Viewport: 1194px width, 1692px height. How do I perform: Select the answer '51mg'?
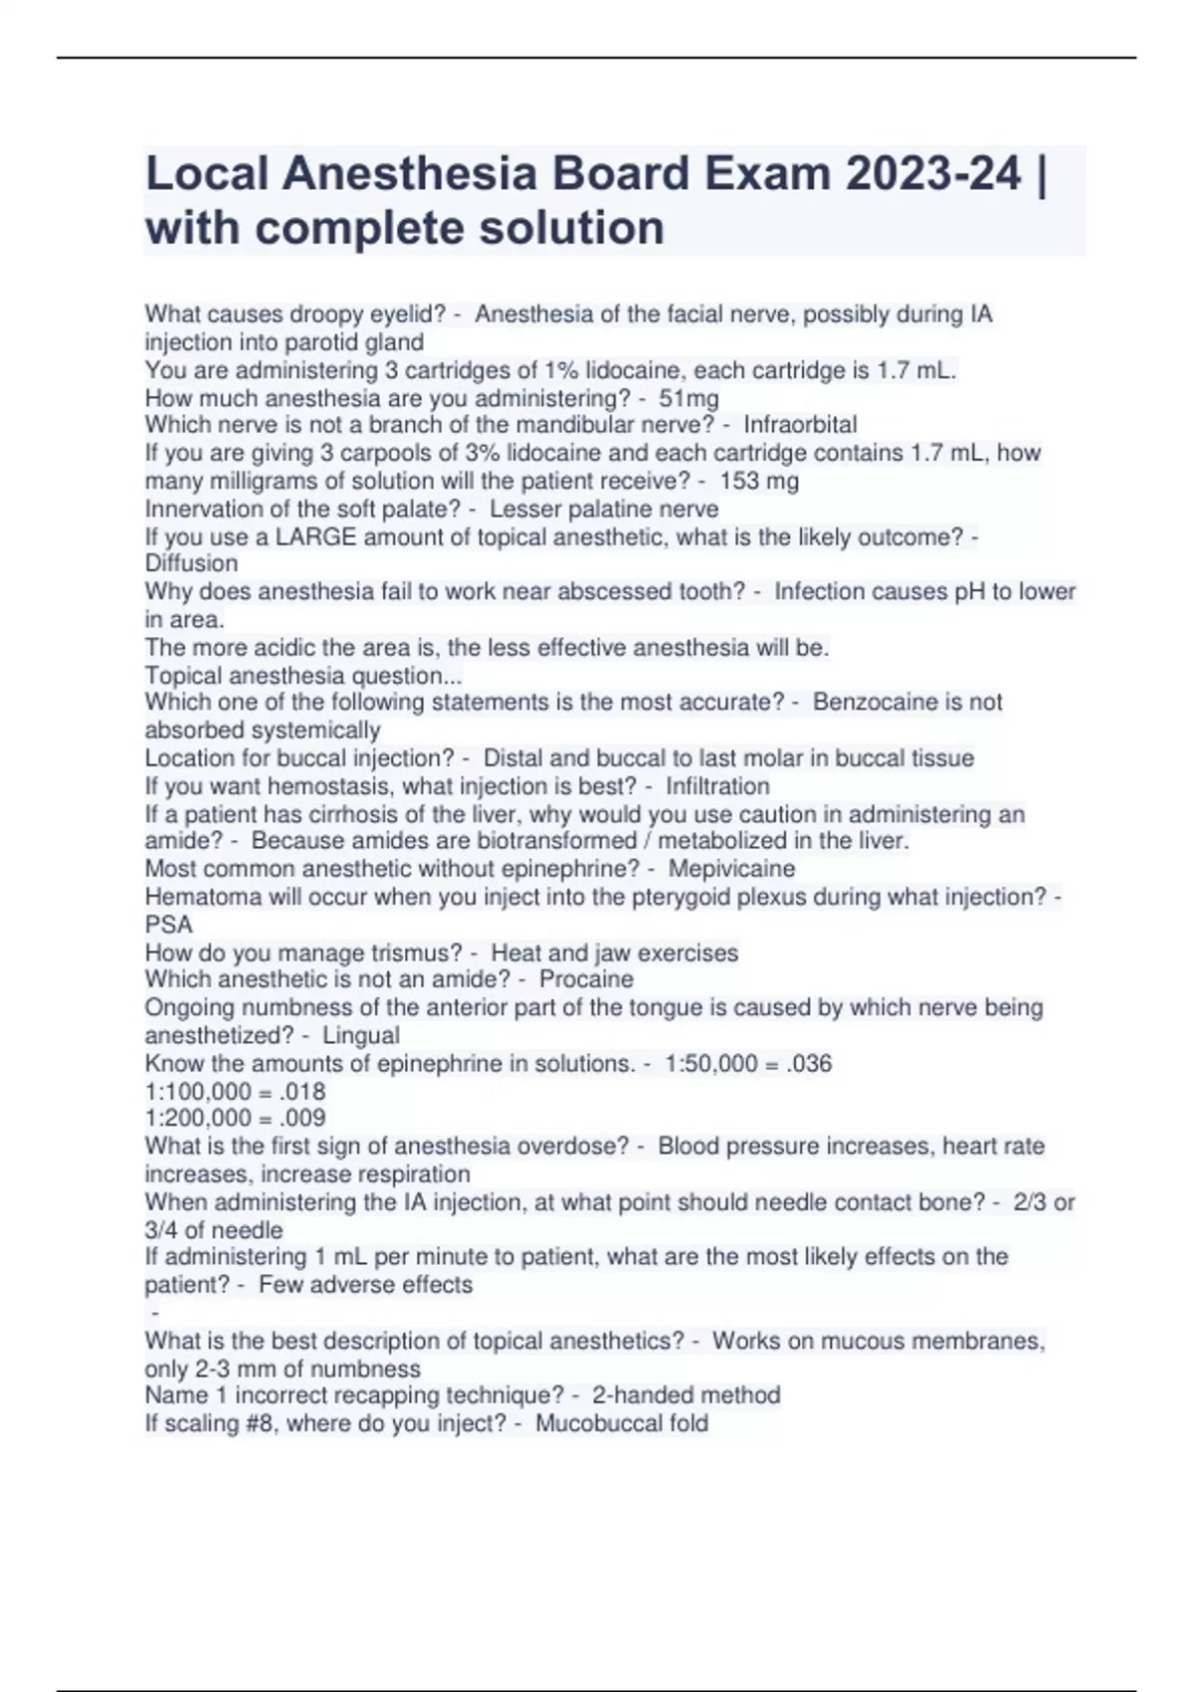click(689, 399)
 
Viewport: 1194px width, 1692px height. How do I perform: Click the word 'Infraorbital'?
click(800, 425)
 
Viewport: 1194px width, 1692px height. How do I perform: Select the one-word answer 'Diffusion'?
click(191, 563)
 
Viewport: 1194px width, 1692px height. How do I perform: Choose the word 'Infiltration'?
click(717, 786)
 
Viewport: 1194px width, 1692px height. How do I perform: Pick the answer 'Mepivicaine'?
click(731, 869)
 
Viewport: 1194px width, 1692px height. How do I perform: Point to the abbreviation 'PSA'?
click(168, 925)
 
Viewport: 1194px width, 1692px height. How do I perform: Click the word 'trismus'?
click(416, 953)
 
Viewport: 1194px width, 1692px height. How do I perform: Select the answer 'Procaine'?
click(586, 979)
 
